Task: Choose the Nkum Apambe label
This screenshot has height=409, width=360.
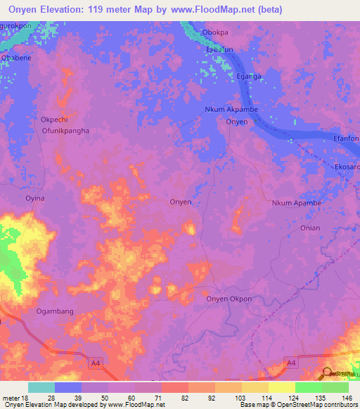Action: (296, 203)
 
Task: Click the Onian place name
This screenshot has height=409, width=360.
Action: (309, 228)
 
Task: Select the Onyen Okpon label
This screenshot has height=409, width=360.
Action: (229, 299)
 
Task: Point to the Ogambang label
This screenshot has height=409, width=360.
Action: (55, 311)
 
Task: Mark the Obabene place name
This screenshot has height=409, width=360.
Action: (15, 58)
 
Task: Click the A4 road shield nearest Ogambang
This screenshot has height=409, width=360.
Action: (95, 363)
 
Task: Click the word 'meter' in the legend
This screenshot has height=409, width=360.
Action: (11, 398)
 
